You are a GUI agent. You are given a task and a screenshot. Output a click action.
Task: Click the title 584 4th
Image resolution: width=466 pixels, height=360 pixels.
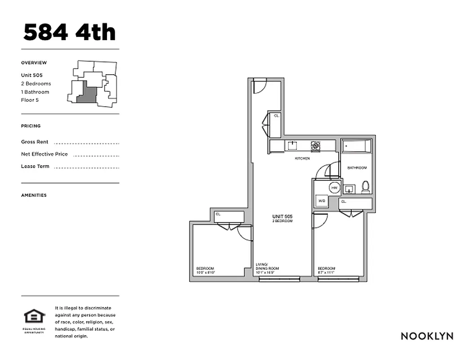[69, 32]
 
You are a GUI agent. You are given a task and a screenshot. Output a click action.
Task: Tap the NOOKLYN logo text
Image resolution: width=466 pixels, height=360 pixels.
[427, 336]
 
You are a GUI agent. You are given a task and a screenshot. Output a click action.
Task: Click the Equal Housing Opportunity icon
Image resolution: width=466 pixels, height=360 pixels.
[35, 318]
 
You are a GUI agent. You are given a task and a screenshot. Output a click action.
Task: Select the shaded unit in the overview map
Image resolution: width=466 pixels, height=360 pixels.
[87, 95]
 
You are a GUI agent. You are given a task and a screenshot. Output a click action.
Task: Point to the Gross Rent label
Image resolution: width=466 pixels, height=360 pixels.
[35, 142]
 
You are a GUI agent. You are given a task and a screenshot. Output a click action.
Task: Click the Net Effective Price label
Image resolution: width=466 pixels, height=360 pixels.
[44, 154]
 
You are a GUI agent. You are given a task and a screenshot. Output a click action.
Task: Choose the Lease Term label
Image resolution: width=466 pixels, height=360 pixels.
[35, 166]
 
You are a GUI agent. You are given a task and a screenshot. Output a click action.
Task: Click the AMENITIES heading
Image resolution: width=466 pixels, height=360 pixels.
[34, 195]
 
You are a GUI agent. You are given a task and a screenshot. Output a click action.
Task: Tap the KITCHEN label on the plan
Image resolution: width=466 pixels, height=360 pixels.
[302, 159]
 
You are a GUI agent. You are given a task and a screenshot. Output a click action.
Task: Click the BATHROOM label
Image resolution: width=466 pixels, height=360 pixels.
[357, 168]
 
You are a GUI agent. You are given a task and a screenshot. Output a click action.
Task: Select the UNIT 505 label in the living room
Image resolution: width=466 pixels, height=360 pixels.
[282, 217]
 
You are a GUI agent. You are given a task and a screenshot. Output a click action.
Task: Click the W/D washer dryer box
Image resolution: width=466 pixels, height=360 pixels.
[322, 201]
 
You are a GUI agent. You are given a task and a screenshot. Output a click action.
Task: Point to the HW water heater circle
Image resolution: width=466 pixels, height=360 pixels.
[334, 188]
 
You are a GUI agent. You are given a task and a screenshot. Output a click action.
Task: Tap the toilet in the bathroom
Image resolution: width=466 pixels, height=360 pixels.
[366, 187]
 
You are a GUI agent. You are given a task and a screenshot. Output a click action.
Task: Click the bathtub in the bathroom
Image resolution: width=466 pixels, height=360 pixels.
[357, 147]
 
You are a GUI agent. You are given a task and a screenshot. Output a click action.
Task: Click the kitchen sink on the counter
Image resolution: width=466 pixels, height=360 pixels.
[293, 145]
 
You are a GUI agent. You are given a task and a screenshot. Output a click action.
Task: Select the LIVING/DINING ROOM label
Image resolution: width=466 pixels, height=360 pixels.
[264, 268]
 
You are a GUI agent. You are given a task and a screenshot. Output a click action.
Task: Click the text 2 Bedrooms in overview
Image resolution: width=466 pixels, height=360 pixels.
[36, 84]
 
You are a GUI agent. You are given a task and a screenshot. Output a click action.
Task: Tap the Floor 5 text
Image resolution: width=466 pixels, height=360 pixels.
[30, 100]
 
